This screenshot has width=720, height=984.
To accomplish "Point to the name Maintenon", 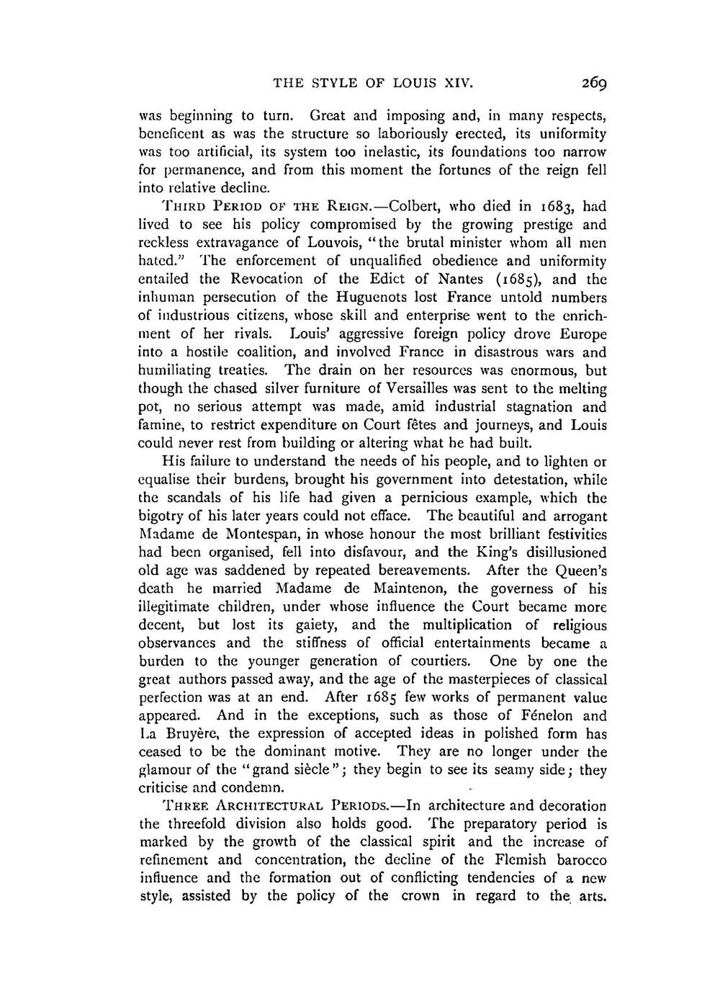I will coord(410,589).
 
